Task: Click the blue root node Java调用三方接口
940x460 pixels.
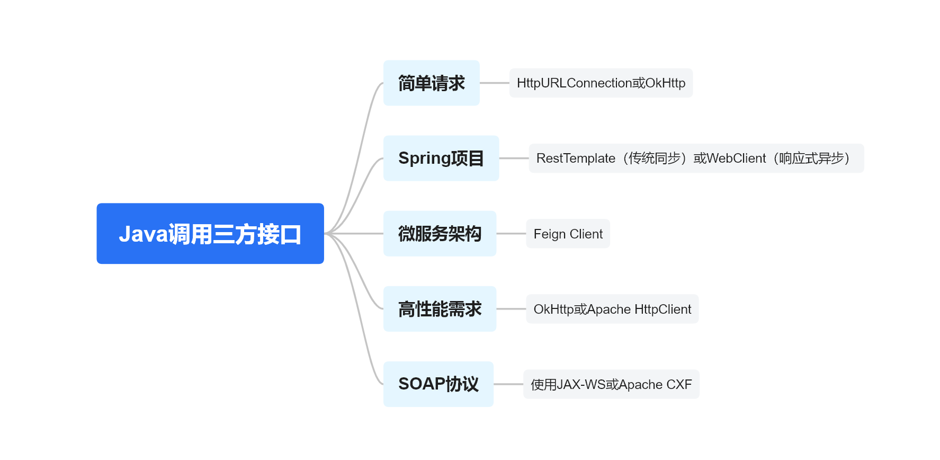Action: [210, 233]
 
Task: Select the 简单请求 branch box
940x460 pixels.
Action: [431, 83]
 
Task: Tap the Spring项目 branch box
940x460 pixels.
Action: [441, 158]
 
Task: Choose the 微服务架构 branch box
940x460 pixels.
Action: [440, 234]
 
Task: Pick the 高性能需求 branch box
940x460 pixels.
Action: [440, 309]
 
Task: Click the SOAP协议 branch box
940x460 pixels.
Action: [438, 384]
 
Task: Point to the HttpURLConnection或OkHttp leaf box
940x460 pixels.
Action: [601, 83]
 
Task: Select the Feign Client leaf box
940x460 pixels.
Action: [568, 234]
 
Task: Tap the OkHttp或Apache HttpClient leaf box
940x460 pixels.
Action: [612, 309]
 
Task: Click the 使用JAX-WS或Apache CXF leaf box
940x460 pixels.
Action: [611, 384]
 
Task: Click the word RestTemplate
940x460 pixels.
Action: [576, 158]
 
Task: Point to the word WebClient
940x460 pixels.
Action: [736, 158]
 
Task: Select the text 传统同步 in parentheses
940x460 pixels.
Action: [654, 158]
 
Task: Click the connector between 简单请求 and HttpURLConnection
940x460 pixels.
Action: [494, 83]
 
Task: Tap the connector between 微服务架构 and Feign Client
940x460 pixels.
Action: [511, 234]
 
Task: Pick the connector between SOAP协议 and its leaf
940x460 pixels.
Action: [508, 384]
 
